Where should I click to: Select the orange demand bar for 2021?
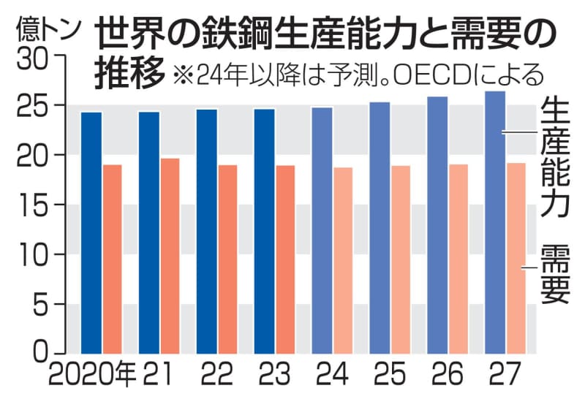170,256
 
